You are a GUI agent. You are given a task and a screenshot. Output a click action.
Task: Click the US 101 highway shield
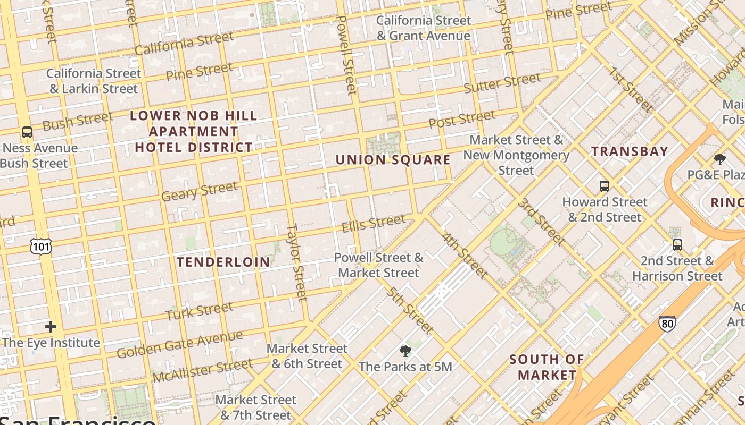tap(41, 245)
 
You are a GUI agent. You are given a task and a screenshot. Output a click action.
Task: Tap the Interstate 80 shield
tap(667, 323)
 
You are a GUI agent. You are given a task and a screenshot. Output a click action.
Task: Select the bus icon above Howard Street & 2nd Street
tap(605, 186)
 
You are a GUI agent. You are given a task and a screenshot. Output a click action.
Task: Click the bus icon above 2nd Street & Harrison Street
tap(677, 245)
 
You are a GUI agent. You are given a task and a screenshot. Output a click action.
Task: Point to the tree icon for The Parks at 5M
tap(405, 351)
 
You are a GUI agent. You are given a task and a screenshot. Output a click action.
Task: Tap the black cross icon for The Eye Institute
tap(51, 326)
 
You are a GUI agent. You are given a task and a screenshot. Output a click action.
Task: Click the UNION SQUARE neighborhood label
tap(393, 160)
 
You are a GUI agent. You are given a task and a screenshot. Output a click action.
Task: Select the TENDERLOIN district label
tap(223, 262)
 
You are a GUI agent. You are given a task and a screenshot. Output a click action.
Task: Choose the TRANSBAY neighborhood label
tap(630, 151)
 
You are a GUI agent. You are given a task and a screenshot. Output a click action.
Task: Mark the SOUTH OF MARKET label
tap(547, 367)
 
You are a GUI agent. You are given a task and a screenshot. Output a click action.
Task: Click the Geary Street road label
tap(199, 191)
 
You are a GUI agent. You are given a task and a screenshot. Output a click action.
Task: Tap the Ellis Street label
tap(373, 223)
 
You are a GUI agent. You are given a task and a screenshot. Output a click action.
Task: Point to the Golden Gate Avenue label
tap(179, 344)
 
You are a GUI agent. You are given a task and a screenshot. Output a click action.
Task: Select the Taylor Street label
tap(297, 261)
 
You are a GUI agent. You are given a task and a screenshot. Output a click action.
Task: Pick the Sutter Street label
tap(502, 83)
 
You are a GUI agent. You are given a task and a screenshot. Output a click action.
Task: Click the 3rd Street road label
tap(541, 221)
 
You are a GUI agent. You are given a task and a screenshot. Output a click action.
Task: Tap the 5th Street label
tap(409, 311)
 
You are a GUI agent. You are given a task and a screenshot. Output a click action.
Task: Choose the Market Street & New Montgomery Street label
tap(516, 155)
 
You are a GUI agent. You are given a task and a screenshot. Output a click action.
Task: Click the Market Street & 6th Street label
tap(307, 356)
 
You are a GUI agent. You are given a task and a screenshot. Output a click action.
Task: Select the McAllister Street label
tap(202, 370)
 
